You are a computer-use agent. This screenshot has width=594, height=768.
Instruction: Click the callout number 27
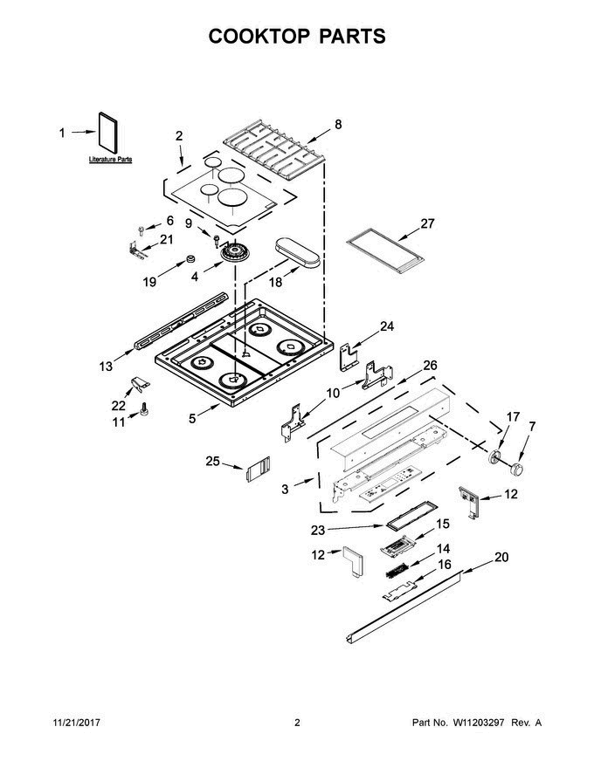427,223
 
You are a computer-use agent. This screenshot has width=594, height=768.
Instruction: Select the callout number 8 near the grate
338,125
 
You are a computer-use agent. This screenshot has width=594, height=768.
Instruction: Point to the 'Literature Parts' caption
110,161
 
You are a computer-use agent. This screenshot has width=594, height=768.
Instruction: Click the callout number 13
106,367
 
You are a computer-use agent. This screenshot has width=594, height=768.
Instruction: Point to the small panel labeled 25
254,471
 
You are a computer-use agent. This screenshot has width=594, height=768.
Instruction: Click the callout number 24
386,327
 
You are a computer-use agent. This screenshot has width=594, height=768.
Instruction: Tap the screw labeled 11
144,409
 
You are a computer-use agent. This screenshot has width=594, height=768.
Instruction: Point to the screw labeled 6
141,230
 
